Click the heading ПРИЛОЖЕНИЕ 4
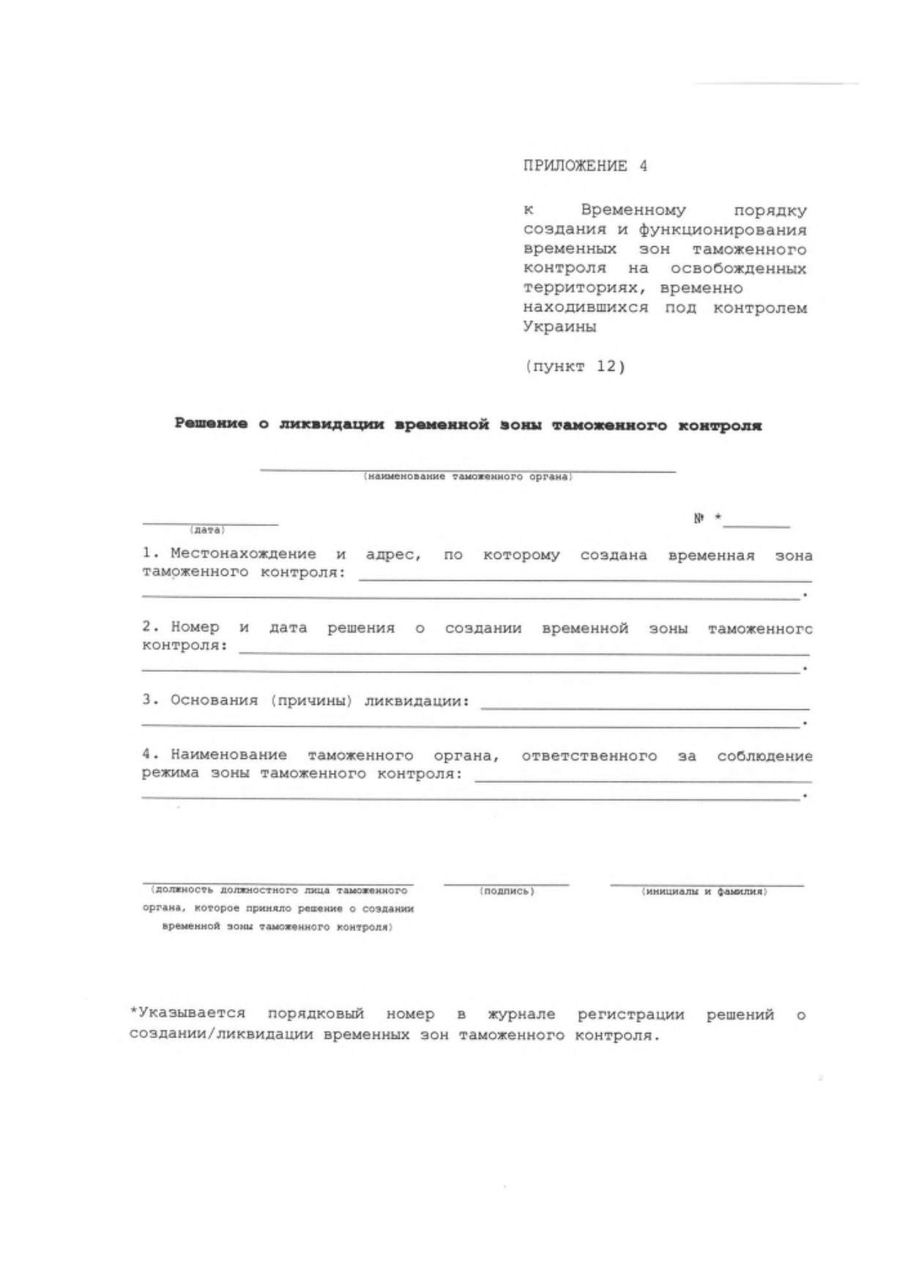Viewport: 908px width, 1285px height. tap(585, 166)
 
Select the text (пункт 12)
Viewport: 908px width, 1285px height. tap(575, 366)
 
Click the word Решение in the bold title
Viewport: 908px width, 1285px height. tap(211, 424)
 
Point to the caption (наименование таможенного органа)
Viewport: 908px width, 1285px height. tap(468, 477)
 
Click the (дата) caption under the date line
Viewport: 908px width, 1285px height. tap(207, 530)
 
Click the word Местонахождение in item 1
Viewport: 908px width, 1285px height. tap(243, 554)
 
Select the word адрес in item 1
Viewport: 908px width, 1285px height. tap(393, 555)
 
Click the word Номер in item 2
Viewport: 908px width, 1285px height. tap(195, 627)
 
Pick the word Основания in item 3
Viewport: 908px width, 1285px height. tap(214, 700)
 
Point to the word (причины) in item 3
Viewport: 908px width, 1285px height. tap(311, 700)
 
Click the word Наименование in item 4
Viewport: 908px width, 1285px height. tap(228, 755)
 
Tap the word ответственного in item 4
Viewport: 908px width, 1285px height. tap(589, 755)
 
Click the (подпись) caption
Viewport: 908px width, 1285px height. tap(507, 892)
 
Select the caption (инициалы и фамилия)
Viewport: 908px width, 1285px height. tap(704, 892)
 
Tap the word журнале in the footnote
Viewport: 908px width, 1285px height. tap(521, 1015)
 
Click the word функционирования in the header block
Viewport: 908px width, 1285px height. tap(723, 229)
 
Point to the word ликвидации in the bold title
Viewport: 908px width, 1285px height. tap(332, 424)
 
